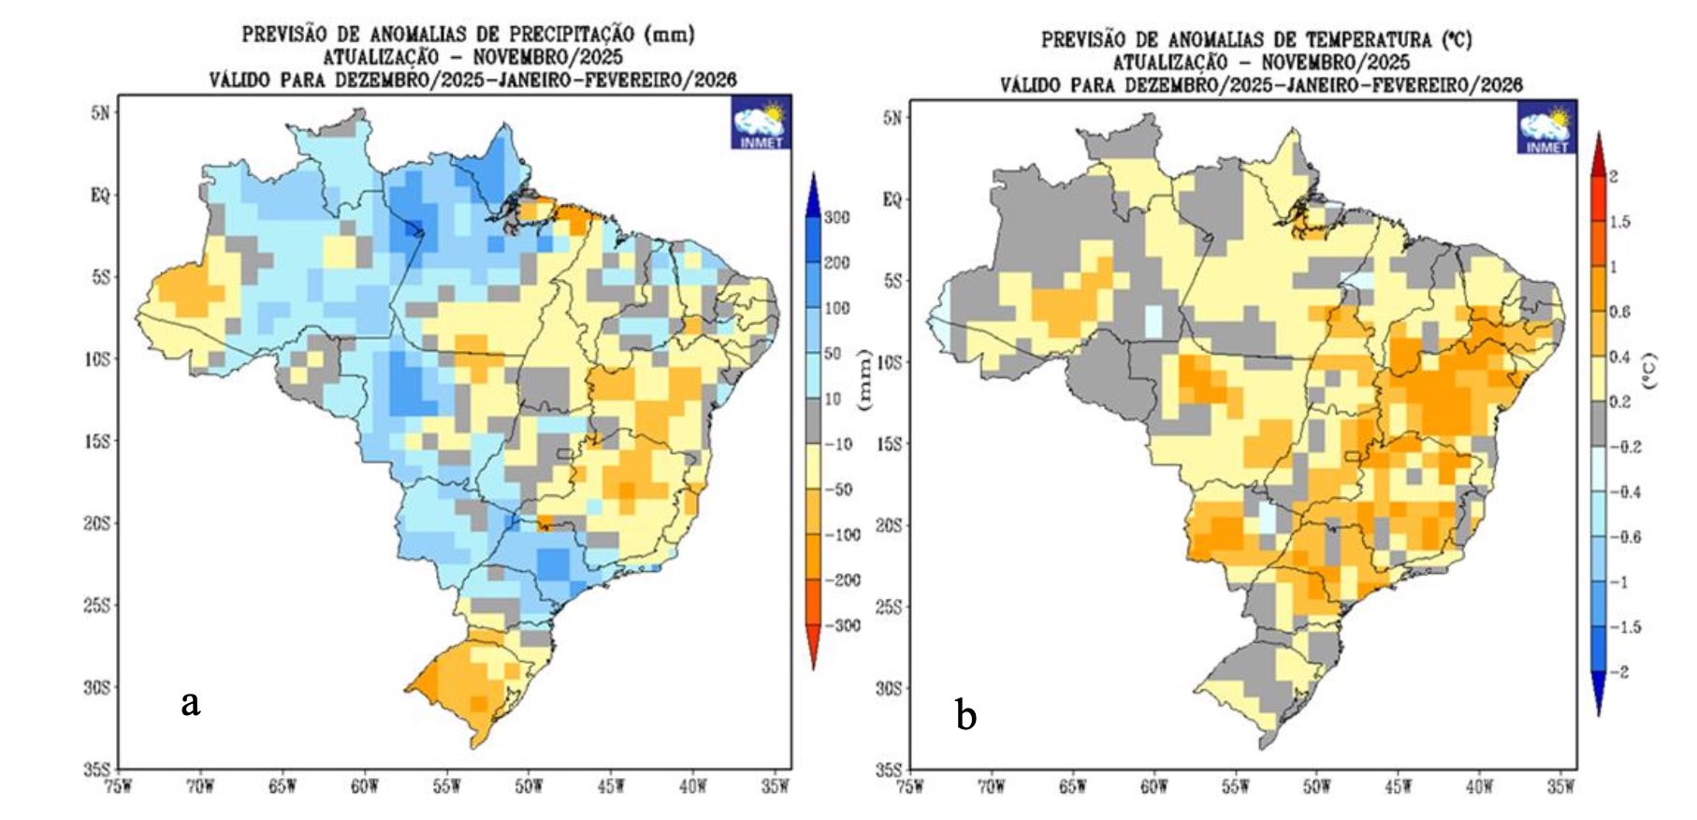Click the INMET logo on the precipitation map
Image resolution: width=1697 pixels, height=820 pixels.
pos(761,123)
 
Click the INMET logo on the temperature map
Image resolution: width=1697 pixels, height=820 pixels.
pos(1547,128)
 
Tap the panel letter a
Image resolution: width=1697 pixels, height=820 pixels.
pos(191,702)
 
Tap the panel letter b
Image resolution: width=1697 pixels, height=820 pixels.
pos(965,716)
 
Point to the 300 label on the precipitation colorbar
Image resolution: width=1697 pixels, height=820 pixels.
pos(836,218)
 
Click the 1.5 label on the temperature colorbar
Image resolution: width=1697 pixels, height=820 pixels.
pos(1618,222)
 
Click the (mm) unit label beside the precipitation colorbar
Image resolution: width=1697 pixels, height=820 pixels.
pos(863,379)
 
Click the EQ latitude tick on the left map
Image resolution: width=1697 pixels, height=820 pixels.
pos(100,196)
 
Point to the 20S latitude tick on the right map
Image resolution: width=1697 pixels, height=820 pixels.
pos(888,526)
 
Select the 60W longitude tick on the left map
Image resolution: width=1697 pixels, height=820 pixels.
pos(365,786)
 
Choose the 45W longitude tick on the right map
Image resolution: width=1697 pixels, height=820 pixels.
pos(1398,786)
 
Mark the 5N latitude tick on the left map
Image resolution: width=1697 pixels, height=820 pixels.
pos(100,113)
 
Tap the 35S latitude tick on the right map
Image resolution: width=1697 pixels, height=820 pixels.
pos(888,770)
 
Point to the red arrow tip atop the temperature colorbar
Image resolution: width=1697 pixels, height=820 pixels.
pos(1598,138)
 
